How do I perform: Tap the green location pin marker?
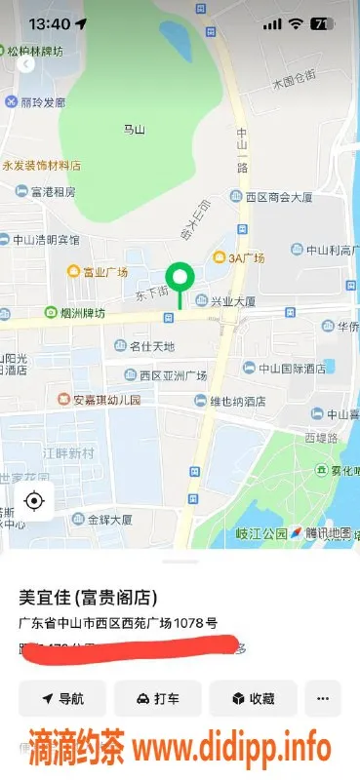pyautogui.click(x=179, y=277)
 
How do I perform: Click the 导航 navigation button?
pyautogui.click(x=62, y=698)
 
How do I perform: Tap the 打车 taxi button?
pyautogui.click(x=157, y=698)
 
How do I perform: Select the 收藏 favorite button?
pyautogui.click(x=253, y=698)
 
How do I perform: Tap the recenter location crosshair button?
pyautogui.click(x=34, y=501)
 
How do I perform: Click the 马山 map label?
pyautogui.click(x=134, y=129)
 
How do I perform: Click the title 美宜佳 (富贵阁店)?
pyautogui.click(x=89, y=597)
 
